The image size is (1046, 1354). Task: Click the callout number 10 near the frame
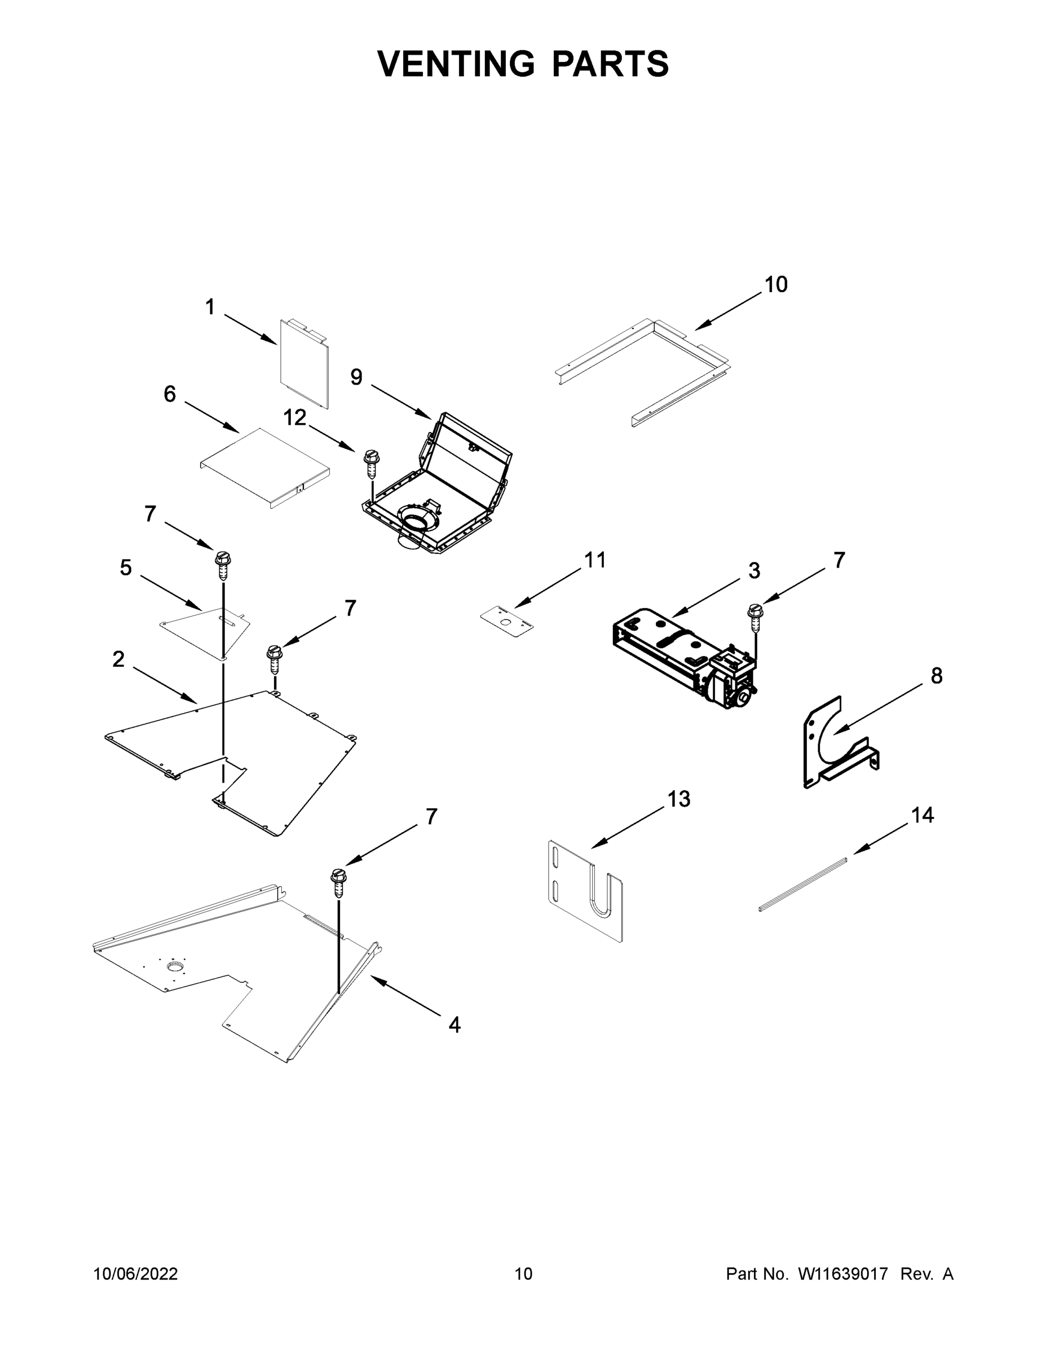pos(775,285)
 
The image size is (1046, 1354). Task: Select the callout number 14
pos(922,815)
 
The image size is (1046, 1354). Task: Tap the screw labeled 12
pos(371,462)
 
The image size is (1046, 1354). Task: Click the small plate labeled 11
pos(506,622)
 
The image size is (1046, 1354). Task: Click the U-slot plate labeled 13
pos(585,893)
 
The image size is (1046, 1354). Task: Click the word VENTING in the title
pos(456,64)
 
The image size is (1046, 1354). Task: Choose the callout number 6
pos(170,394)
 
